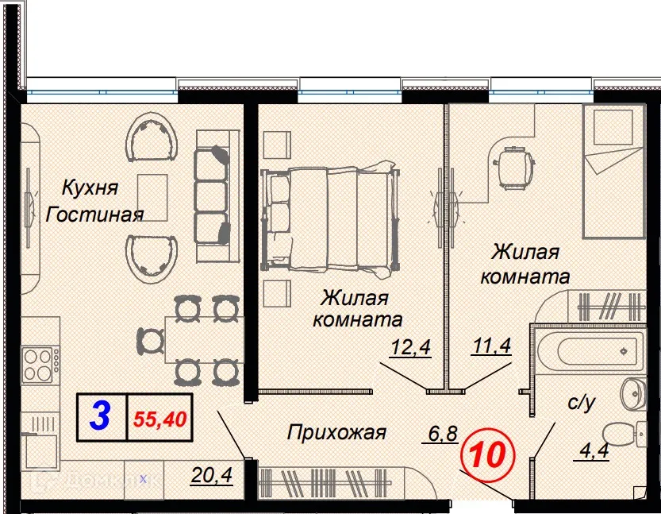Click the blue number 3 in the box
(100, 416)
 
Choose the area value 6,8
(442, 434)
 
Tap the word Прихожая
(336, 433)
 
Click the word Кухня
(90, 188)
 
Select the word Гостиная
(94, 214)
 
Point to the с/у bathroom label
(582, 403)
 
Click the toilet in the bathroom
(623, 435)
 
